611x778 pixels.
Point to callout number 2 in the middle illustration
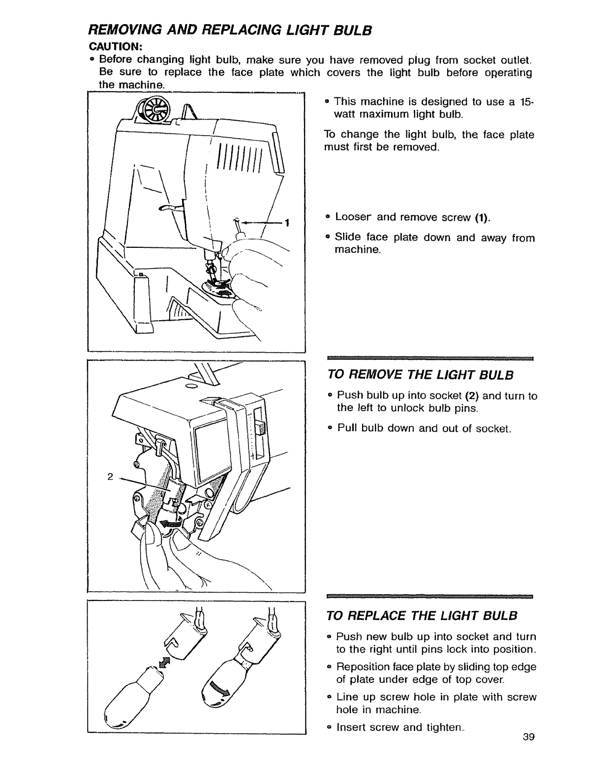pos(110,477)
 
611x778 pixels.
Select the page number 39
pos(529,750)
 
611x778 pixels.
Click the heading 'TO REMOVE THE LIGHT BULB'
pos(420,376)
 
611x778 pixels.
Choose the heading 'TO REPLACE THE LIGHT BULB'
pos(422,616)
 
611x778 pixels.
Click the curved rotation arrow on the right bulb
pos(219,692)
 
